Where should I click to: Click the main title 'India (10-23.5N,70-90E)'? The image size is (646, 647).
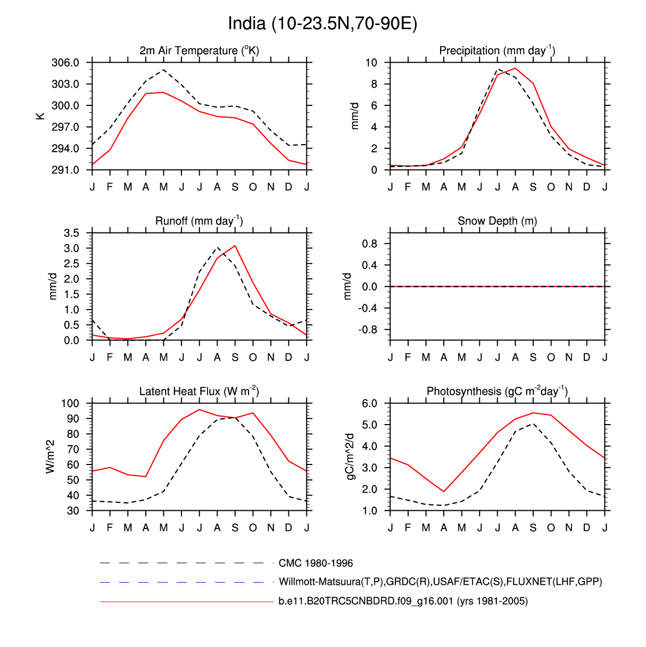(322, 24)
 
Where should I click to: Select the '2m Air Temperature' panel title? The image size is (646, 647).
(199, 51)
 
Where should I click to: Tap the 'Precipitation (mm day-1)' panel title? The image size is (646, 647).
(497, 51)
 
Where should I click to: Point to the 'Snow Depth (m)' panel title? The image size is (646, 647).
(497, 221)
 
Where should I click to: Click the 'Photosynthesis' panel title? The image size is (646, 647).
(497, 392)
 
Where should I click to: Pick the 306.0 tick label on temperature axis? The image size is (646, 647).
(65, 63)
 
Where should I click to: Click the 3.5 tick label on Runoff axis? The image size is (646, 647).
(71, 233)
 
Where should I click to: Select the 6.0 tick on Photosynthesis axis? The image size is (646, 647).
(369, 403)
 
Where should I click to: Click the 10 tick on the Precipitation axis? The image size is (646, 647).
(371, 63)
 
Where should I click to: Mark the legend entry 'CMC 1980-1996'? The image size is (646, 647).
(316, 563)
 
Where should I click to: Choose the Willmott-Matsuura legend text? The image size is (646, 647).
(440, 582)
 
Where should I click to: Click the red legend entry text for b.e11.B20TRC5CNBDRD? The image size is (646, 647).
(403, 601)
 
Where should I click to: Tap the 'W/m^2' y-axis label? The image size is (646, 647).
(51, 457)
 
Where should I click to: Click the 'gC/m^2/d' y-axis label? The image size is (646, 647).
(350, 457)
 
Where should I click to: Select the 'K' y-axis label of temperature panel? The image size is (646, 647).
(40, 116)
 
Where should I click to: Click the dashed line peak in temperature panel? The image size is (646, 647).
(163, 70)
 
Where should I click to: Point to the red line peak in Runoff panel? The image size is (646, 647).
(235, 246)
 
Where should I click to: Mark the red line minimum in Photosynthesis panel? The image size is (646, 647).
(444, 491)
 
